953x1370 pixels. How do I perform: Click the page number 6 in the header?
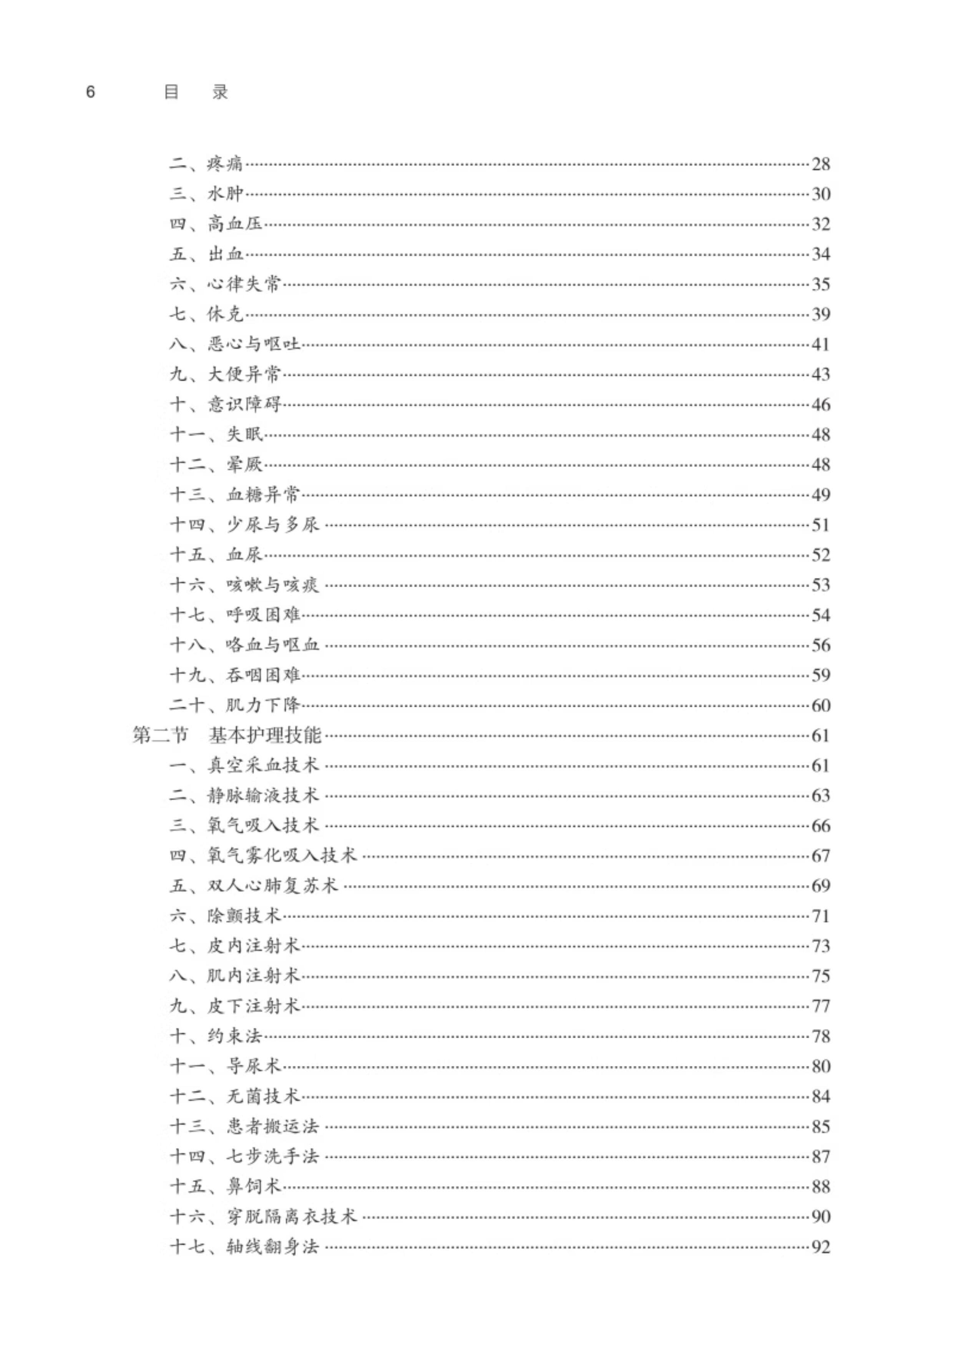(x=91, y=92)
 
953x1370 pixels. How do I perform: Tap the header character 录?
(x=220, y=92)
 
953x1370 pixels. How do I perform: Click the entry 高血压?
(x=235, y=224)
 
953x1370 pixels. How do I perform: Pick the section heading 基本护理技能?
(x=265, y=735)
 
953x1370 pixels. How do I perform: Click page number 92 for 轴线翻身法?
(x=820, y=1247)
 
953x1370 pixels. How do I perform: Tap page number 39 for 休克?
(x=820, y=314)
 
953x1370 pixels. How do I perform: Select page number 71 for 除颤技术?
(x=820, y=916)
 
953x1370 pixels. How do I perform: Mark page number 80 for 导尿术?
(x=820, y=1066)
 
